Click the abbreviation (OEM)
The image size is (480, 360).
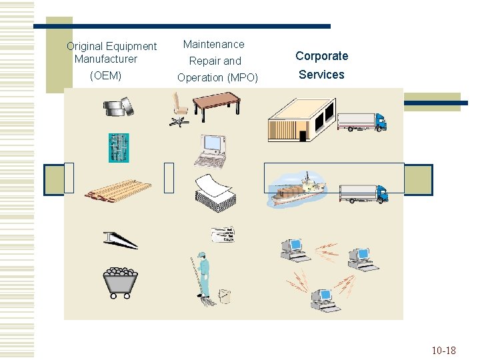tap(105, 75)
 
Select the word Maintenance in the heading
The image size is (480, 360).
tap(214, 45)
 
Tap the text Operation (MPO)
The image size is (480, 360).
tap(217, 77)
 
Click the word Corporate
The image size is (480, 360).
tap(321, 56)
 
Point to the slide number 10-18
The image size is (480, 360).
tap(443, 350)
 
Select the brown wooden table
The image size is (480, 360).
tap(216, 104)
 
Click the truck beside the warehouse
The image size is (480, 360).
tap(362, 121)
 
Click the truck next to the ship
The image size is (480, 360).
tap(363, 193)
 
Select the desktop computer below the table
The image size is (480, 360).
tap(212, 151)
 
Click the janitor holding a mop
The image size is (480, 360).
tap(203, 277)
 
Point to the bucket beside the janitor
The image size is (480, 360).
tap(225, 295)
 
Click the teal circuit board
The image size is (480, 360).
tap(119, 147)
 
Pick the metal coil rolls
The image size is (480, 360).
tap(121, 107)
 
